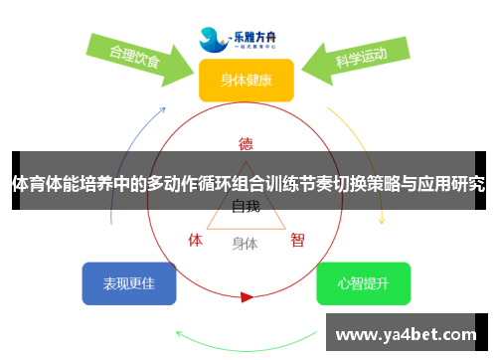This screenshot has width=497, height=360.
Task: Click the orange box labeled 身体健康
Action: point(246,80)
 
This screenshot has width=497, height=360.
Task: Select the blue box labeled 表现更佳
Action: point(128,283)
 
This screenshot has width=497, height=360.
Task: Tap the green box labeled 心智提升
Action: point(363,283)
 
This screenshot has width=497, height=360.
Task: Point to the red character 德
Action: point(246,144)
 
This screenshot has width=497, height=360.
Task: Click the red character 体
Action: point(196,240)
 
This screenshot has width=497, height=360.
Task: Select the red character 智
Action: point(297,240)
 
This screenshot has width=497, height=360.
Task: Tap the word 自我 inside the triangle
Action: point(246,207)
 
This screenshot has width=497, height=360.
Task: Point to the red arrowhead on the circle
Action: point(247,296)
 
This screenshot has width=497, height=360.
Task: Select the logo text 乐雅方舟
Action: point(256,34)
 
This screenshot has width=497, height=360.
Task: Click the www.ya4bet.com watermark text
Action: point(409,335)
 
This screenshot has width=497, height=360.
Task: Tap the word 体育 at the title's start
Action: point(29,183)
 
